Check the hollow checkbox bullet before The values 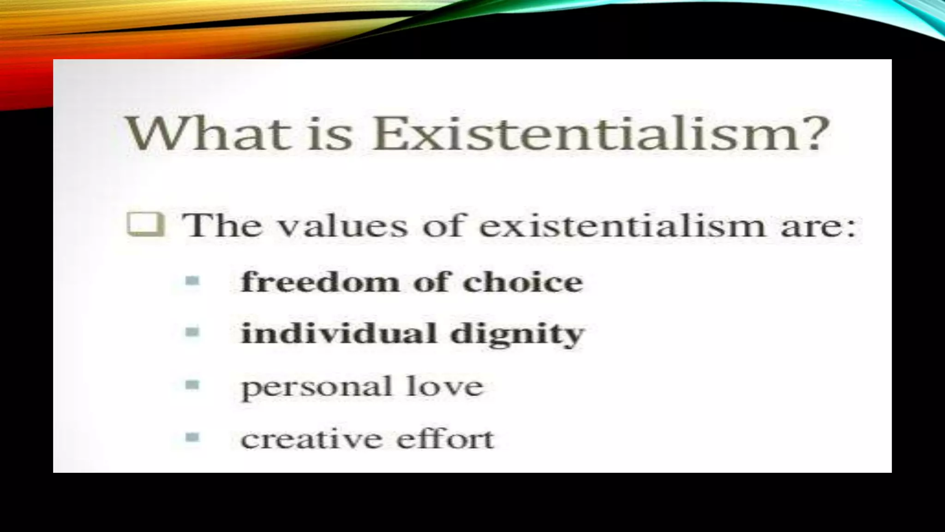145,225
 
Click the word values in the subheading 344,226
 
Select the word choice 523,281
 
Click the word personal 317,387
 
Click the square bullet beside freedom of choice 192,280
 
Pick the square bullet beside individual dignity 192,332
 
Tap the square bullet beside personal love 192,384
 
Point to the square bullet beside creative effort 192,436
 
